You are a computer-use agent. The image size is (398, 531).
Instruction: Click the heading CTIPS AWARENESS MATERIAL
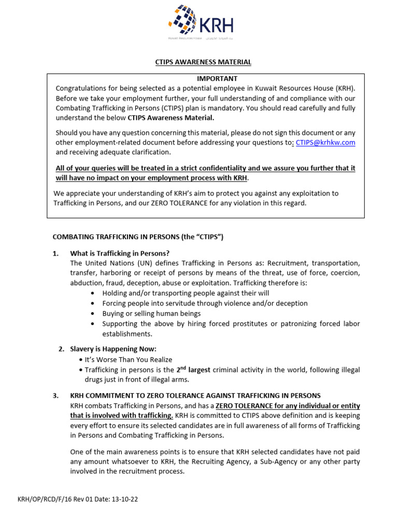click(203, 62)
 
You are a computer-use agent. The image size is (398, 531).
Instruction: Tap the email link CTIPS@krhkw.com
click(325, 143)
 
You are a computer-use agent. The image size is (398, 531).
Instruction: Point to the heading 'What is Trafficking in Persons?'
click(120, 253)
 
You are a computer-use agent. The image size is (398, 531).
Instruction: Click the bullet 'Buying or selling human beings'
click(151, 313)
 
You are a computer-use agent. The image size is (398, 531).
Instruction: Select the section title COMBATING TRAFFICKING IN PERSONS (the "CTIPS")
click(138, 237)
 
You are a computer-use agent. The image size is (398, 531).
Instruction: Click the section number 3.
click(55, 395)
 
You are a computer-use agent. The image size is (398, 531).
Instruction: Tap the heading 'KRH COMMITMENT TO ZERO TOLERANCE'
click(195, 395)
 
